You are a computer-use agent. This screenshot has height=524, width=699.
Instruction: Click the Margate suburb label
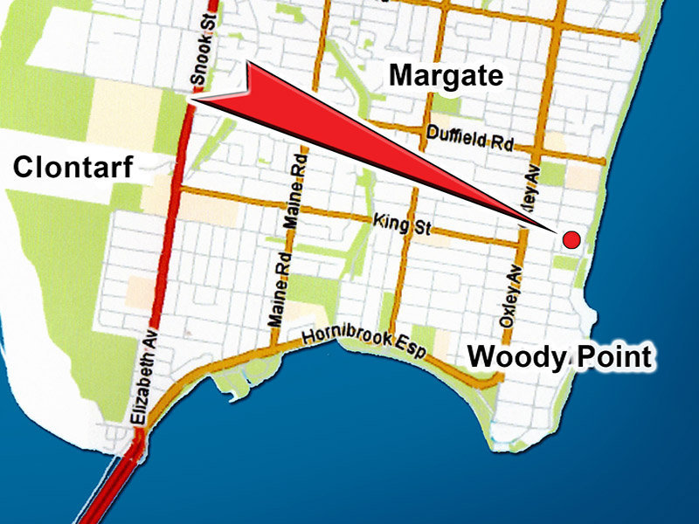446,75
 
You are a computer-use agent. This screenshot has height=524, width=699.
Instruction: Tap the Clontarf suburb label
72,166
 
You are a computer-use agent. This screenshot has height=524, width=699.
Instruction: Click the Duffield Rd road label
469,137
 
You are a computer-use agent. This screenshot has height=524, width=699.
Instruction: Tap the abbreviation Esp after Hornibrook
414,351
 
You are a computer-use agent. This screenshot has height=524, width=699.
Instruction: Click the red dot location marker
571,240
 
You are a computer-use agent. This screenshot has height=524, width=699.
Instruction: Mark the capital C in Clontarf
24,166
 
